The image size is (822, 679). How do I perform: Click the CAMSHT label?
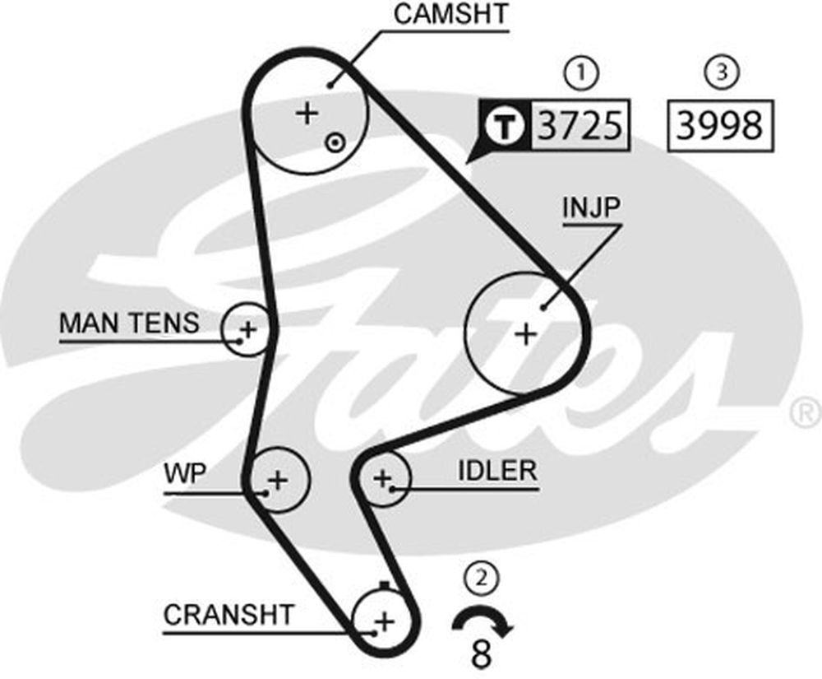point(450,14)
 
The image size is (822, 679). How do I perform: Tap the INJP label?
point(591,207)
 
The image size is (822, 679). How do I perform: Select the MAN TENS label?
point(130,323)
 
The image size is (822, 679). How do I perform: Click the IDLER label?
point(497,471)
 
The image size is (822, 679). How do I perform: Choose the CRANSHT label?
point(229,615)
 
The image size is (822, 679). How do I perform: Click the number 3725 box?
point(580,125)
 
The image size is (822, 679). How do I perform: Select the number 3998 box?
point(720,126)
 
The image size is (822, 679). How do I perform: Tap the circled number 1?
point(581,73)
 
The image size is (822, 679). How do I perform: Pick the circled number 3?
point(723,72)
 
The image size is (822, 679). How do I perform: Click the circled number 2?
point(482,579)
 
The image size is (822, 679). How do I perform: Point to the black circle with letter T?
point(505,126)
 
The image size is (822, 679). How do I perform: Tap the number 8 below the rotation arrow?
point(481,654)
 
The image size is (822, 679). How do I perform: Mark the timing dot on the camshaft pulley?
point(335,142)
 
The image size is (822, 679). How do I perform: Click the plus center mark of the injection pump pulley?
point(526,333)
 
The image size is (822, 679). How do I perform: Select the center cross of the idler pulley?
point(382,478)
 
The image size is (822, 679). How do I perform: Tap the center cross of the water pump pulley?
point(278,480)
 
